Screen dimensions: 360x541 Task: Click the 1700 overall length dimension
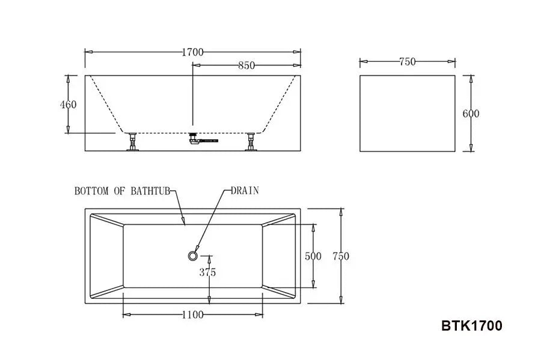pos(193,52)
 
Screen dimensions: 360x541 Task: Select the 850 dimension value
pos(246,66)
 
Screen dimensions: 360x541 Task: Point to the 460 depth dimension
pos(69,104)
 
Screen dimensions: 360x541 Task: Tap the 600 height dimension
pos(471,113)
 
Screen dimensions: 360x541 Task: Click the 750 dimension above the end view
pos(407,61)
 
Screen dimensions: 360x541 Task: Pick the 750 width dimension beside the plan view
pos(340,256)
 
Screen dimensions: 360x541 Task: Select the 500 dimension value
pos(313,256)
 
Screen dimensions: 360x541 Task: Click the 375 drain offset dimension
pos(207,272)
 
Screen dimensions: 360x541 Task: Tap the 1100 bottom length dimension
pos(192,314)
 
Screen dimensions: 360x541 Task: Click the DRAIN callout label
pos(245,191)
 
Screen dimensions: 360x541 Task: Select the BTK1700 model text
pos(471,326)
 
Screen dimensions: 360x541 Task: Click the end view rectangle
pos(407,113)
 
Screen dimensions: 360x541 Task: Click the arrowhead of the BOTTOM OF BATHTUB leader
pos(185,223)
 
